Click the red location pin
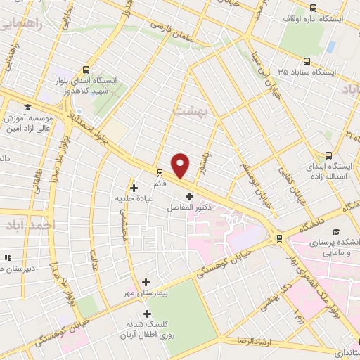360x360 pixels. (181, 165)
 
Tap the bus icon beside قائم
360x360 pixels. (160, 172)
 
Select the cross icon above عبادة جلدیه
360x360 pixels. (134, 188)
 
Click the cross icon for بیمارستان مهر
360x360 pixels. (146, 281)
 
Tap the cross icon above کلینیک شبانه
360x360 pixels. (146, 314)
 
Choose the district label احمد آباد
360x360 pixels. (32, 225)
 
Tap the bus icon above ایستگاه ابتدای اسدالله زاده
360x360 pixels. (328, 156)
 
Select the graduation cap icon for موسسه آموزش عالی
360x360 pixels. (27, 108)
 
